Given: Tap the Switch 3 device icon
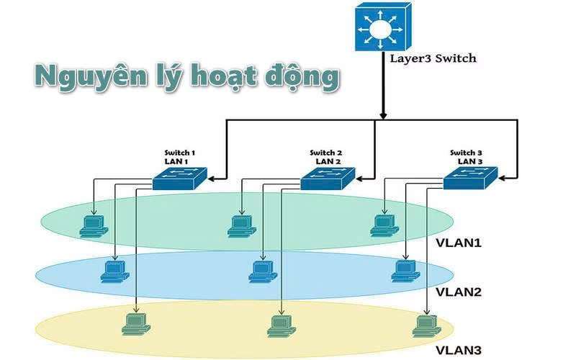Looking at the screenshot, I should pos(469,178).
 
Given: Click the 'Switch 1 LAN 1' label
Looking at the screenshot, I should pos(179,157).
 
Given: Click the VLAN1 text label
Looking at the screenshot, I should pos(459,243).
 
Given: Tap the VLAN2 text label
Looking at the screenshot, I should pos(459,292).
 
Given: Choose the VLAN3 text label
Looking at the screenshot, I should pos(459,351).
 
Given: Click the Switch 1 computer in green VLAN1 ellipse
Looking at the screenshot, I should pos(93,226).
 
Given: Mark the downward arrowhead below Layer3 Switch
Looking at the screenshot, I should pos(383,113).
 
